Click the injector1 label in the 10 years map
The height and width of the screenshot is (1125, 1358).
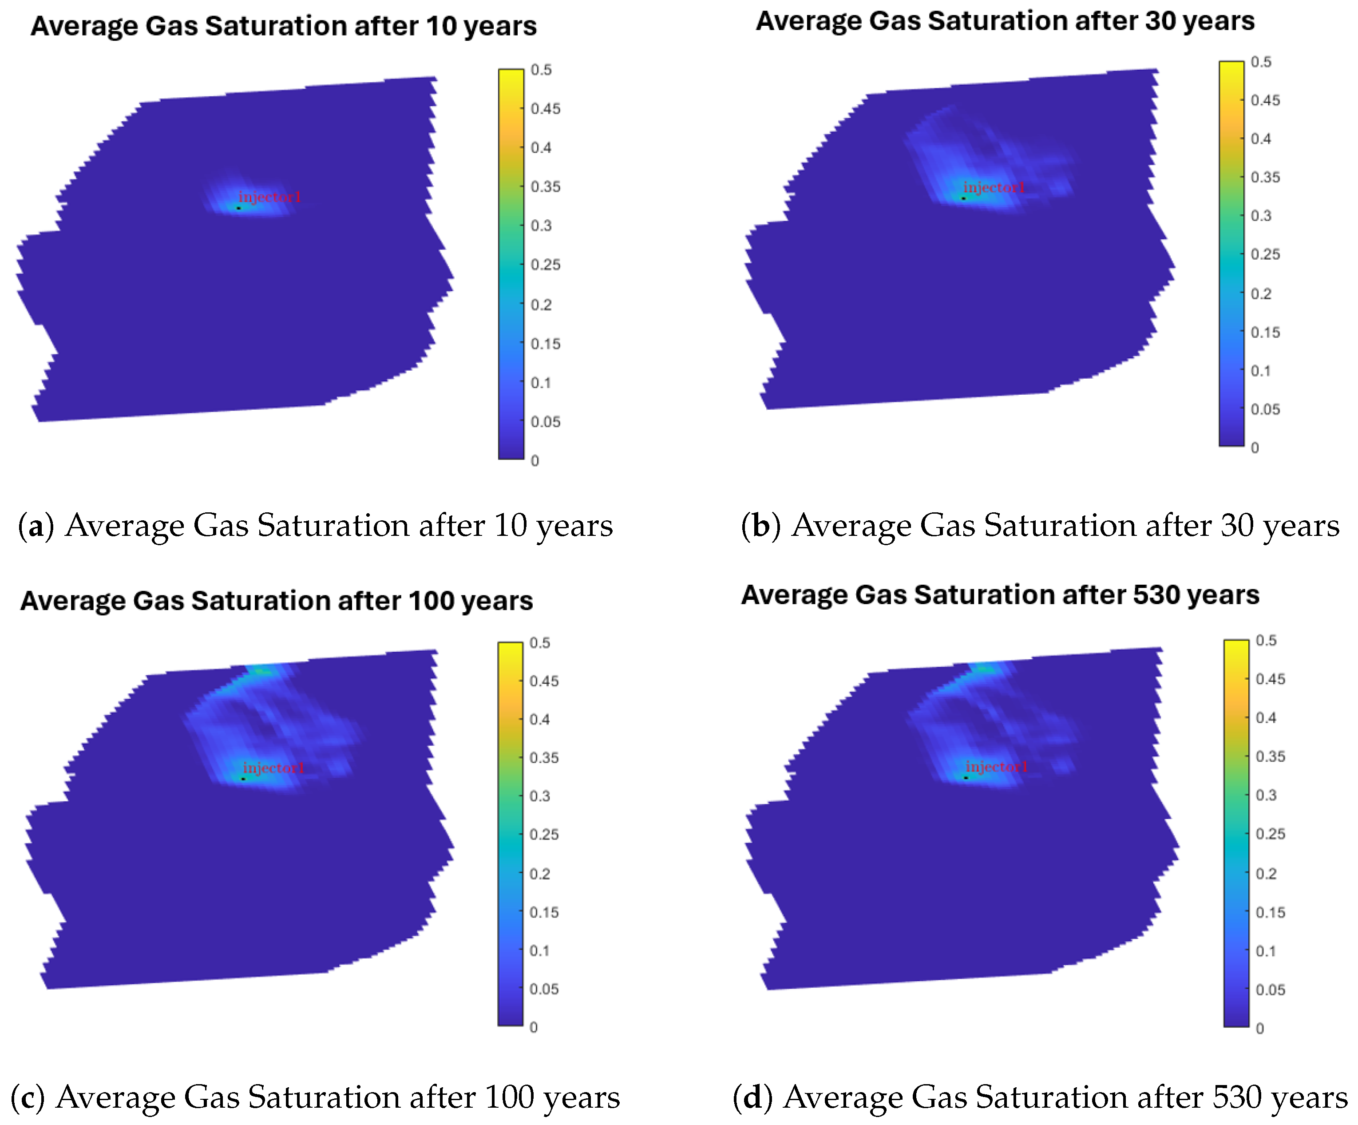[269, 197]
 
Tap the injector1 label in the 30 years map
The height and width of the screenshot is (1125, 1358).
[994, 187]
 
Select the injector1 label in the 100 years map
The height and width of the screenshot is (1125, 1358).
[273, 768]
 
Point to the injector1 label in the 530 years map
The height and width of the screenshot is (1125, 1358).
[997, 766]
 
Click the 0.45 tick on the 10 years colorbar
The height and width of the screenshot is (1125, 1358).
[545, 109]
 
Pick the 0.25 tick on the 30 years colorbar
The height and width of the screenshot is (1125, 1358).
[1265, 254]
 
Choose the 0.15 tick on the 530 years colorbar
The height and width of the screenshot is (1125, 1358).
[1270, 912]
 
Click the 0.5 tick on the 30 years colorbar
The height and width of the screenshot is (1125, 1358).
[1261, 62]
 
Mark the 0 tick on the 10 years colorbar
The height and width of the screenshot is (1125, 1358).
[535, 460]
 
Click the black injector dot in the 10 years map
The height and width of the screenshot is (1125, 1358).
[239, 208]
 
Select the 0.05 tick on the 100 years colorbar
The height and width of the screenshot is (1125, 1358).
[544, 989]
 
